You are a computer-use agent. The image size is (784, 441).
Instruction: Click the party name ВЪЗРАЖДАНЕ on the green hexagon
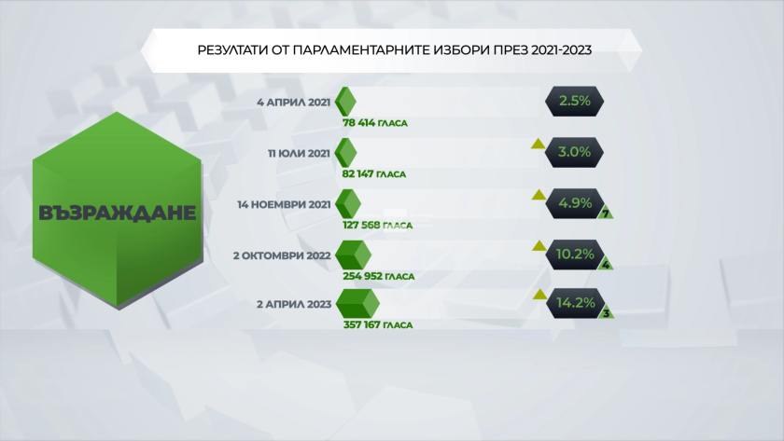(x=117, y=213)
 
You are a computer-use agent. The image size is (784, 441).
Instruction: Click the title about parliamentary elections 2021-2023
(x=395, y=50)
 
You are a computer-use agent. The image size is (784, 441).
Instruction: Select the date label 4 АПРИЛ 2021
(x=293, y=103)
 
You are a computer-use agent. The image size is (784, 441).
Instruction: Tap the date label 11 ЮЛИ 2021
(x=299, y=153)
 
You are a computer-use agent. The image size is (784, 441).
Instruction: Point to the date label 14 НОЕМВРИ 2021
(x=284, y=204)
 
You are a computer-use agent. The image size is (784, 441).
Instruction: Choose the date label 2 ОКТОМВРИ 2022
(x=282, y=255)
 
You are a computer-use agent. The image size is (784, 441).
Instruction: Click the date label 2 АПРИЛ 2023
(x=294, y=304)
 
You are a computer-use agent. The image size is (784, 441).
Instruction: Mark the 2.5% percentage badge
(x=575, y=102)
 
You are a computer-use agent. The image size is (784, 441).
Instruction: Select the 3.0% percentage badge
(x=575, y=152)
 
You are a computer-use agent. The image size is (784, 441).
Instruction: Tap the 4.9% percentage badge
(x=575, y=203)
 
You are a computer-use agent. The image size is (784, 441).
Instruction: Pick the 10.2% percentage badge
(x=575, y=255)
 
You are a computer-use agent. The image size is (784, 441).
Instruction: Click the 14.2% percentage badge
(x=576, y=303)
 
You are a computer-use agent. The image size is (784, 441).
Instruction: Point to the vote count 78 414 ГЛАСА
(x=375, y=123)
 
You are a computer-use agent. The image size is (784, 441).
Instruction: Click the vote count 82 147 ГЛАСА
(x=374, y=174)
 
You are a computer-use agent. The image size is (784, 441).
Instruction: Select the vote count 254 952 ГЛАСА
(x=379, y=276)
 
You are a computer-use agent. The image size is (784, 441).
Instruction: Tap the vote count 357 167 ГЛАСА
(x=378, y=325)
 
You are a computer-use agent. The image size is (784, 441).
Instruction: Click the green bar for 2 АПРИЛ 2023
(x=357, y=304)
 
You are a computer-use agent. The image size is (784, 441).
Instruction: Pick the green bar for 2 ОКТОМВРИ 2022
(x=354, y=255)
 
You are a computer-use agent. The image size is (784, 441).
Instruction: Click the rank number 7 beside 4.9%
(x=606, y=214)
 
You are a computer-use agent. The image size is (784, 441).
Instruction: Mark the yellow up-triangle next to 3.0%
(x=538, y=145)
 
